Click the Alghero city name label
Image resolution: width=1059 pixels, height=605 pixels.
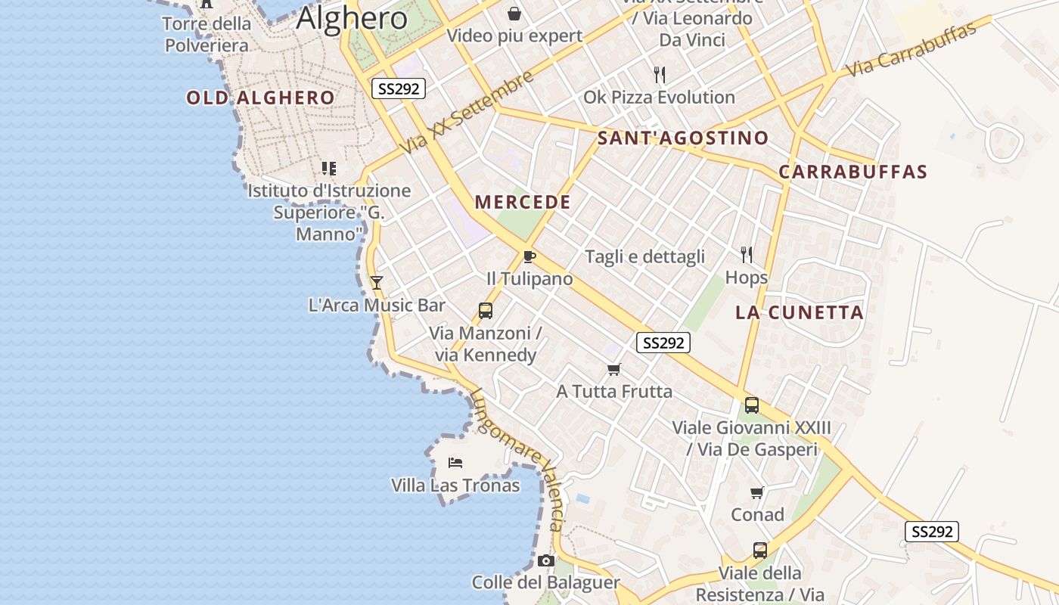click(352, 18)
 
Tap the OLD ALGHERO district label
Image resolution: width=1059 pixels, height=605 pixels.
click(260, 98)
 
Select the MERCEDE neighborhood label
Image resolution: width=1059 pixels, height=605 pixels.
click(523, 202)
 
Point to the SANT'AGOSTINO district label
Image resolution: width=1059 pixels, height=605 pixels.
click(683, 138)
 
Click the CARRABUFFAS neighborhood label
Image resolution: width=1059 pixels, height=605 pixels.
click(852, 172)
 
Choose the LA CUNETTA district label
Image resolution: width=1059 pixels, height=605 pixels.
click(800, 312)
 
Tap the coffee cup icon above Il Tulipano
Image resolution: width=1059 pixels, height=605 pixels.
click(529, 257)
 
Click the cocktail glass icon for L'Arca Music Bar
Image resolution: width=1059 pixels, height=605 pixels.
click(377, 283)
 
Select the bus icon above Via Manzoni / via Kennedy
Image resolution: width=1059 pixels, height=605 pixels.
click(486, 310)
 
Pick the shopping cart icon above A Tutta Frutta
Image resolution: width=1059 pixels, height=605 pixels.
click(614, 369)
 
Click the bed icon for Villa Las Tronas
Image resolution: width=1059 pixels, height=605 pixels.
click(455, 462)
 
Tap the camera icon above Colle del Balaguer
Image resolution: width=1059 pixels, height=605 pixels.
click(546, 560)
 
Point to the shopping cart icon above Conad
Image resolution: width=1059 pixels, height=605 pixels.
click(757, 493)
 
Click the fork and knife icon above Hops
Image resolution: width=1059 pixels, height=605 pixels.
click(747, 255)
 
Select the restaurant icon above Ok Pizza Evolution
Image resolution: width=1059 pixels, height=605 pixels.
click(660, 74)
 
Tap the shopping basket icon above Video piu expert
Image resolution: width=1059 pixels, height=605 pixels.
click(514, 14)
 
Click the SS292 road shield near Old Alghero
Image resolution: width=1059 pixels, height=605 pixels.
click(399, 88)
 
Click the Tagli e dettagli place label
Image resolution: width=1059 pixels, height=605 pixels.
click(644, 256)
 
